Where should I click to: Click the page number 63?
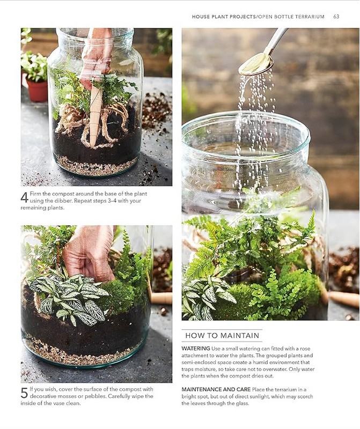click(336, 17)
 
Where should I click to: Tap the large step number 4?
click(24, 197)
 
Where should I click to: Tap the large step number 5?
click(24, 393)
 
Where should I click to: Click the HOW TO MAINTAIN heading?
click(222, 336)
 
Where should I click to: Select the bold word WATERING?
click(195, 349)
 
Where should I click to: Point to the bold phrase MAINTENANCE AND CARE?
click(216, 389)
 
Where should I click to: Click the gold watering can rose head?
click(256, 64)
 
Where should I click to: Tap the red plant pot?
click(37, 90)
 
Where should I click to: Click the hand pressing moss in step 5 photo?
click(89, 253)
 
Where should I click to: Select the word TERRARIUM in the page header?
click(311, 17)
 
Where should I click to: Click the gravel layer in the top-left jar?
click(96, 166)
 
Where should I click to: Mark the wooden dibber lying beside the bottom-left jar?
click(161, 298)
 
